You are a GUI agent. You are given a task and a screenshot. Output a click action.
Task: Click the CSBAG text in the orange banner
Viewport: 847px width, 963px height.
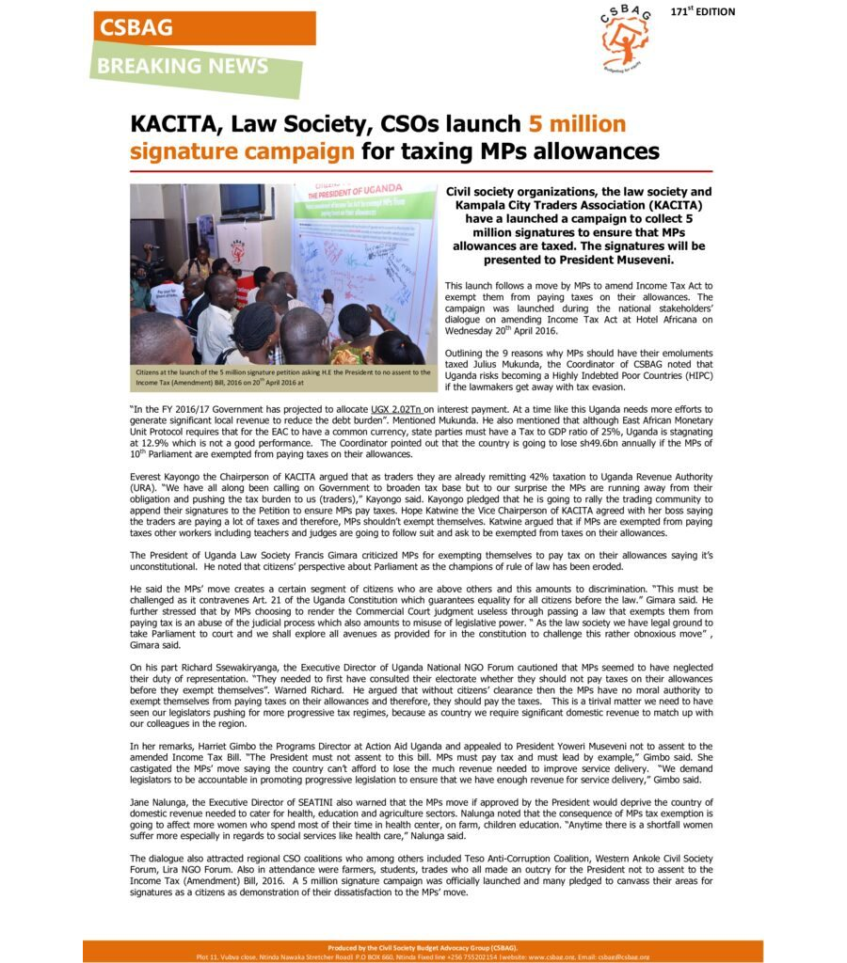[x=137, y=28]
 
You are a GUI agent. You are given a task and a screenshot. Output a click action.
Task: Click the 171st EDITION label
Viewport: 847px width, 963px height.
[x=703, y=12]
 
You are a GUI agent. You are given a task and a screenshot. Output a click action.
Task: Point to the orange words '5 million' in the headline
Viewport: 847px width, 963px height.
[x=577, y=124]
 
